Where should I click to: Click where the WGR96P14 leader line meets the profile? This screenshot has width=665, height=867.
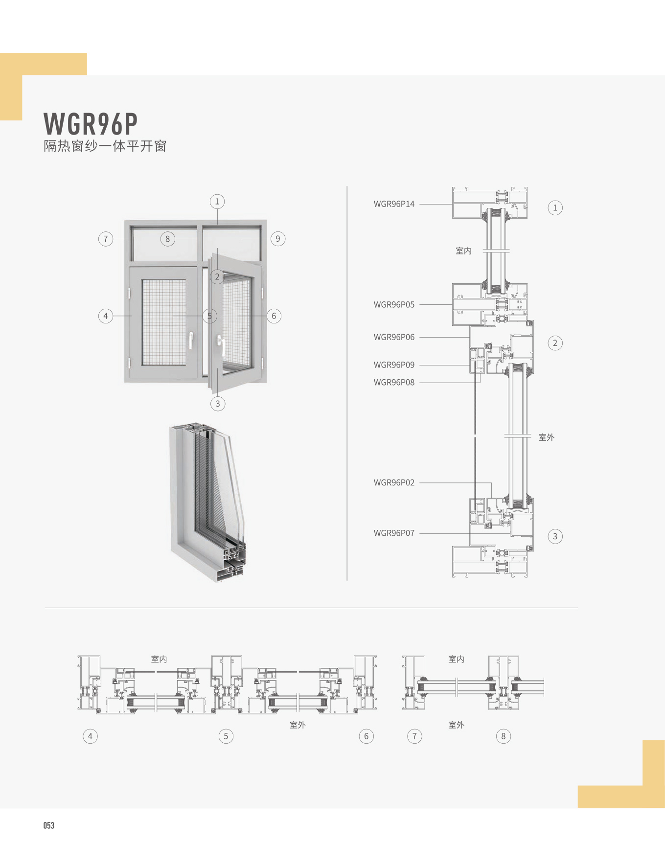[x=453, y=204]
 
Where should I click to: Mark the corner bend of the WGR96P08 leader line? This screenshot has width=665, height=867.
[x=480, y=382]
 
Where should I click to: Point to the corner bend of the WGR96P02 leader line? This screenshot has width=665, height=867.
[x=491, y=483]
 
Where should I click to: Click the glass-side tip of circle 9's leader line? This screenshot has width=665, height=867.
[x=242, y=239]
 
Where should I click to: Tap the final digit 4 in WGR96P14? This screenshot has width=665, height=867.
[x=412, y=204]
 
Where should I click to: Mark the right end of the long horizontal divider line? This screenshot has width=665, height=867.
[x=578, y=608]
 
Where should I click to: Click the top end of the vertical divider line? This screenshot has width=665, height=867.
[x=347, y=186]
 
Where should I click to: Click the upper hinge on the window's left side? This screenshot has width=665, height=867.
[x=129, y=294]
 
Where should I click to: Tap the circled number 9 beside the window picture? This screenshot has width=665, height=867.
[x=278, y=239]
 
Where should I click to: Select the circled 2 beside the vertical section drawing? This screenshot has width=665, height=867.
[x=555, y=343]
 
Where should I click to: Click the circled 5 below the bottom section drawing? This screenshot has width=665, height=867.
[x=226, y=736]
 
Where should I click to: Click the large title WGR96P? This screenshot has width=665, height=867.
[x=91, y=124]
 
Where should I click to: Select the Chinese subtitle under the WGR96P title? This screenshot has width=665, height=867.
[x=105, y=146]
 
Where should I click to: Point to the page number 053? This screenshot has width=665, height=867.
[x=49, y=825]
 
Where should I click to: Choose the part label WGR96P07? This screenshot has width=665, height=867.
[x=394, y=533]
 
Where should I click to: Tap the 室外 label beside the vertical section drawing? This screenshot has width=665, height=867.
[x=547, y=437]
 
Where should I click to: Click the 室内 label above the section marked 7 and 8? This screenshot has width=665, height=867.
[x=456, y=659]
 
